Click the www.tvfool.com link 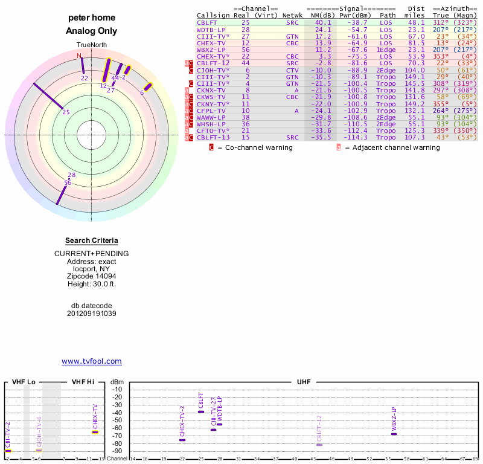coord(91,361)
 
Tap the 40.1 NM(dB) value coord(323,22)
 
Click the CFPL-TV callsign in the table coord(211,111)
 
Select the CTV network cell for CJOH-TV coord(292,70)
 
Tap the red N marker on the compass coord(79,56)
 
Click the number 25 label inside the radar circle coord(66,112)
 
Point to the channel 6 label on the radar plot coord(142,92)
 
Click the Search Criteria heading coord(91,240)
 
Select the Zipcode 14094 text coord(91,275)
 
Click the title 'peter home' coord(91,18)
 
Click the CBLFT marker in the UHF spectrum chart coord(201,411)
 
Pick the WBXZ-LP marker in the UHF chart coord(394,434)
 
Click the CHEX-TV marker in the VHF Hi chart coord(95,431)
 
